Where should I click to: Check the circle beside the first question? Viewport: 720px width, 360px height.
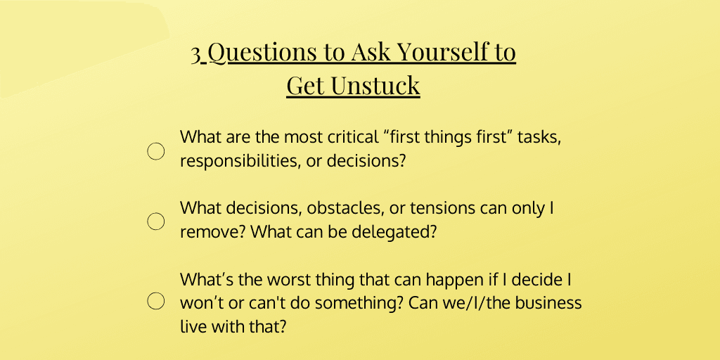[155, 151]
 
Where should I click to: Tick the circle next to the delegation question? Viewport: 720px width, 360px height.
[155, 221]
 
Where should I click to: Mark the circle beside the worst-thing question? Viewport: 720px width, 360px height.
[155, 302]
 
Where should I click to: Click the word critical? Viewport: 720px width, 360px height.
[349, 137]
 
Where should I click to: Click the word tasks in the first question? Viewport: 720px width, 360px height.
[539, 137]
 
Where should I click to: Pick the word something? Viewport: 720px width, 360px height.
[347, 303]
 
